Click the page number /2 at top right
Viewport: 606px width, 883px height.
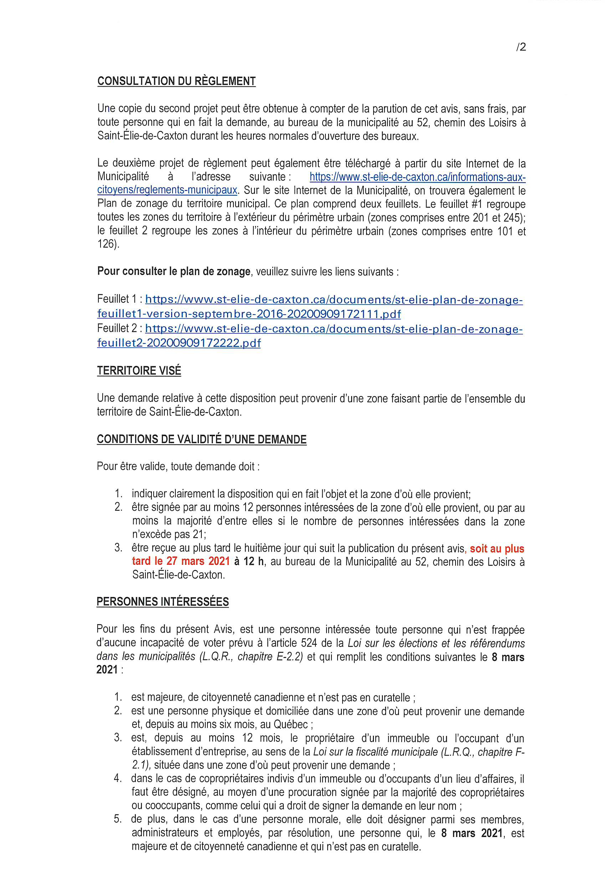(521, 47)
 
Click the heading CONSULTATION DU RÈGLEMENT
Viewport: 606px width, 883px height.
(176, 81)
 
